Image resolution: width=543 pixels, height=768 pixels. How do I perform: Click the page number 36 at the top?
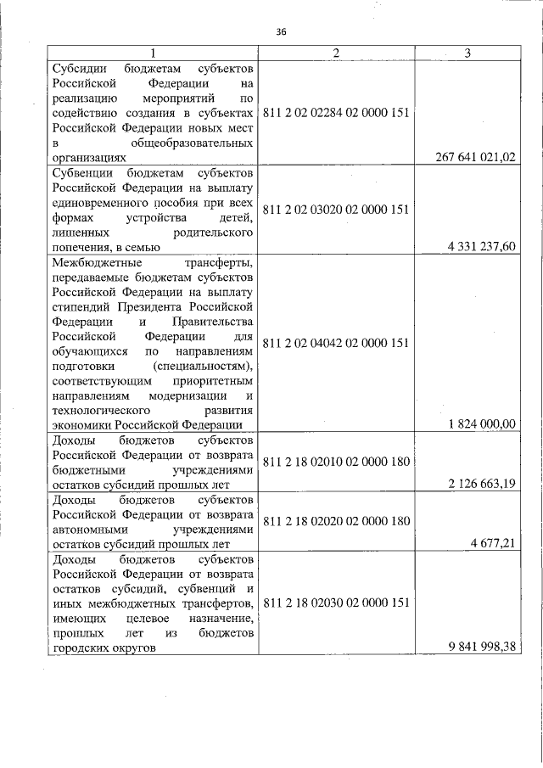[283, 32]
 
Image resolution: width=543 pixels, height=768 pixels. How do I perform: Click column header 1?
[153, 53]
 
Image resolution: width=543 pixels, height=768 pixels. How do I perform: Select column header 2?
[336, 53]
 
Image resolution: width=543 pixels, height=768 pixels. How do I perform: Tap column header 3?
[467, 53]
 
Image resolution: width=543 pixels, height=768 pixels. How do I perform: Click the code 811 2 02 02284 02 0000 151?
[337, 112]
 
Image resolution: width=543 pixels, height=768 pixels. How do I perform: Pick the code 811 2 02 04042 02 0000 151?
[337, 343]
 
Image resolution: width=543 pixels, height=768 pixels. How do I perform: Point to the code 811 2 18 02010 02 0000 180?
[337, 462]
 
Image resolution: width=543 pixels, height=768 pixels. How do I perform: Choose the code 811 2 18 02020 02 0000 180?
[337, 521]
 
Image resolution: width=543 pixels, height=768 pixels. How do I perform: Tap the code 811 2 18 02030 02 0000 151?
[337, 603]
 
